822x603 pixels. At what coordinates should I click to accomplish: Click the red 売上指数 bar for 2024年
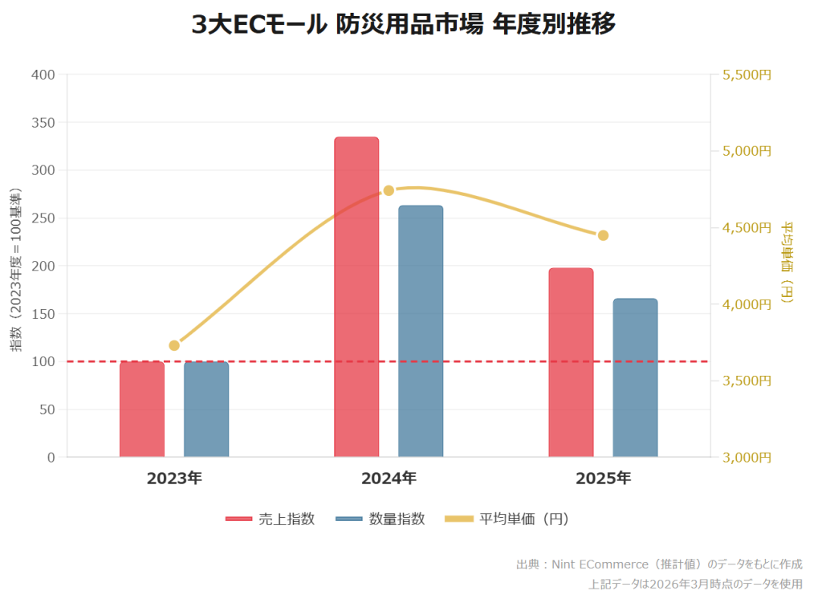click(x=356, y=297)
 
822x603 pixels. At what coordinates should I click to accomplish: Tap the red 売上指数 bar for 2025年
click(x=571, y=363)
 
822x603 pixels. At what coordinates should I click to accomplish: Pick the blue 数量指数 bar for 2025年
click(x=635, y=378)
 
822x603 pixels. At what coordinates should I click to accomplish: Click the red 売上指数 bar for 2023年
click(x=142, y=409)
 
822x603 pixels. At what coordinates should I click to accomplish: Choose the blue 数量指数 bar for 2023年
click(x=206, y=409)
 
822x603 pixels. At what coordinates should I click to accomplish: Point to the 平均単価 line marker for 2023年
click(x=174, y=345)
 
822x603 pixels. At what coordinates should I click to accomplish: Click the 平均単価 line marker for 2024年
click(x=389, y=190)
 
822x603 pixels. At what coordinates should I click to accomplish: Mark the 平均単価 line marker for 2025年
click(x=603, y=235)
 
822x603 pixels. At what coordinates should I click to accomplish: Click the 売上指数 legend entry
click(x=271, y=519)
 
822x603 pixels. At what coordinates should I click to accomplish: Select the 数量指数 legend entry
click(x=380, y=519)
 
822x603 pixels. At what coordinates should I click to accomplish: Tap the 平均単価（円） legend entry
click(x=507, y=519)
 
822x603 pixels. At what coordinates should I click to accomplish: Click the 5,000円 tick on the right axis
click(x=747, y=151)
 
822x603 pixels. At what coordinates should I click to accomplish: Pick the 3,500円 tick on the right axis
click(x=747, y=381)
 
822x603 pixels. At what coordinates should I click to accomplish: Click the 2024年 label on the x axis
click(x=389, y=479)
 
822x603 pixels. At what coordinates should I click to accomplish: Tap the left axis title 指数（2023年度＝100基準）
click(x=15, y=270)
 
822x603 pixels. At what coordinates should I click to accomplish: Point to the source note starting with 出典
click(x=658, y=564)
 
